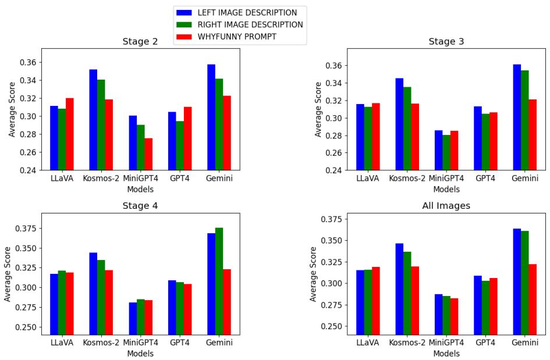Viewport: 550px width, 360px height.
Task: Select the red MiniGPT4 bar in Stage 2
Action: (148, 154)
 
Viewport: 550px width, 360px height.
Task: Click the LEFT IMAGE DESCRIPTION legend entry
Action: (247, 12)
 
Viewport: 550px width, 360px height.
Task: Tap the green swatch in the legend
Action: (184, 24)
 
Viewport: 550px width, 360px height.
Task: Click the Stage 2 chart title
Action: (140, 41)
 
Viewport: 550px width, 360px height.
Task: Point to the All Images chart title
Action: (446, 206)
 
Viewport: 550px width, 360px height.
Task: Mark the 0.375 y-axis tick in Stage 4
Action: (26, 229)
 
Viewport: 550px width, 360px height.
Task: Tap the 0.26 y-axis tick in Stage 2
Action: (29, 152)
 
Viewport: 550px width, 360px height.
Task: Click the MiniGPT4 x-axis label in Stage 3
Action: (446, 179)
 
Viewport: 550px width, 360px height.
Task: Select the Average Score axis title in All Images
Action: (313, 274)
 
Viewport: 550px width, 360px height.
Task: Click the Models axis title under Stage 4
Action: (140, 353)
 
